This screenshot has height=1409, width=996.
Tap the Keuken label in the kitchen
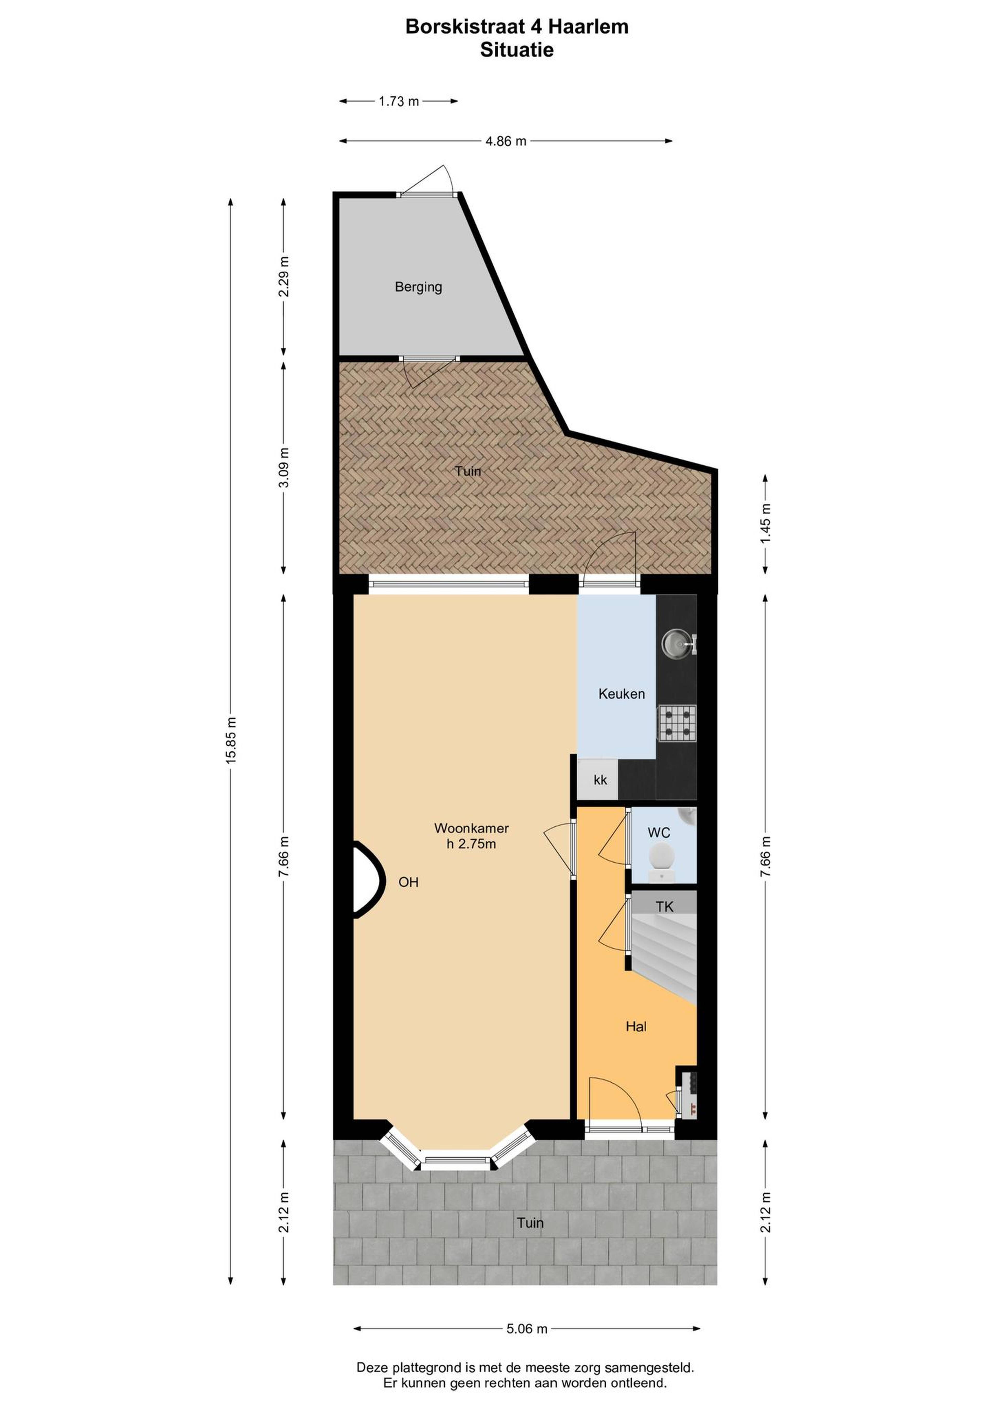pos(622,694)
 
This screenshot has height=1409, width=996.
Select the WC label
pos(659,833)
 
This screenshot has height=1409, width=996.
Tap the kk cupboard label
pos(600,779)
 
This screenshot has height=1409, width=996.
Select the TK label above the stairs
pos(665,906)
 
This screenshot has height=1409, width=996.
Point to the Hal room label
pos(637,1026)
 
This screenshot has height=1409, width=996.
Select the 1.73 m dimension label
pos(399,101)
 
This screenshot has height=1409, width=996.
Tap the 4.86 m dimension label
pos(506,141)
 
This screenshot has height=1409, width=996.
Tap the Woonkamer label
pos(471,828)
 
